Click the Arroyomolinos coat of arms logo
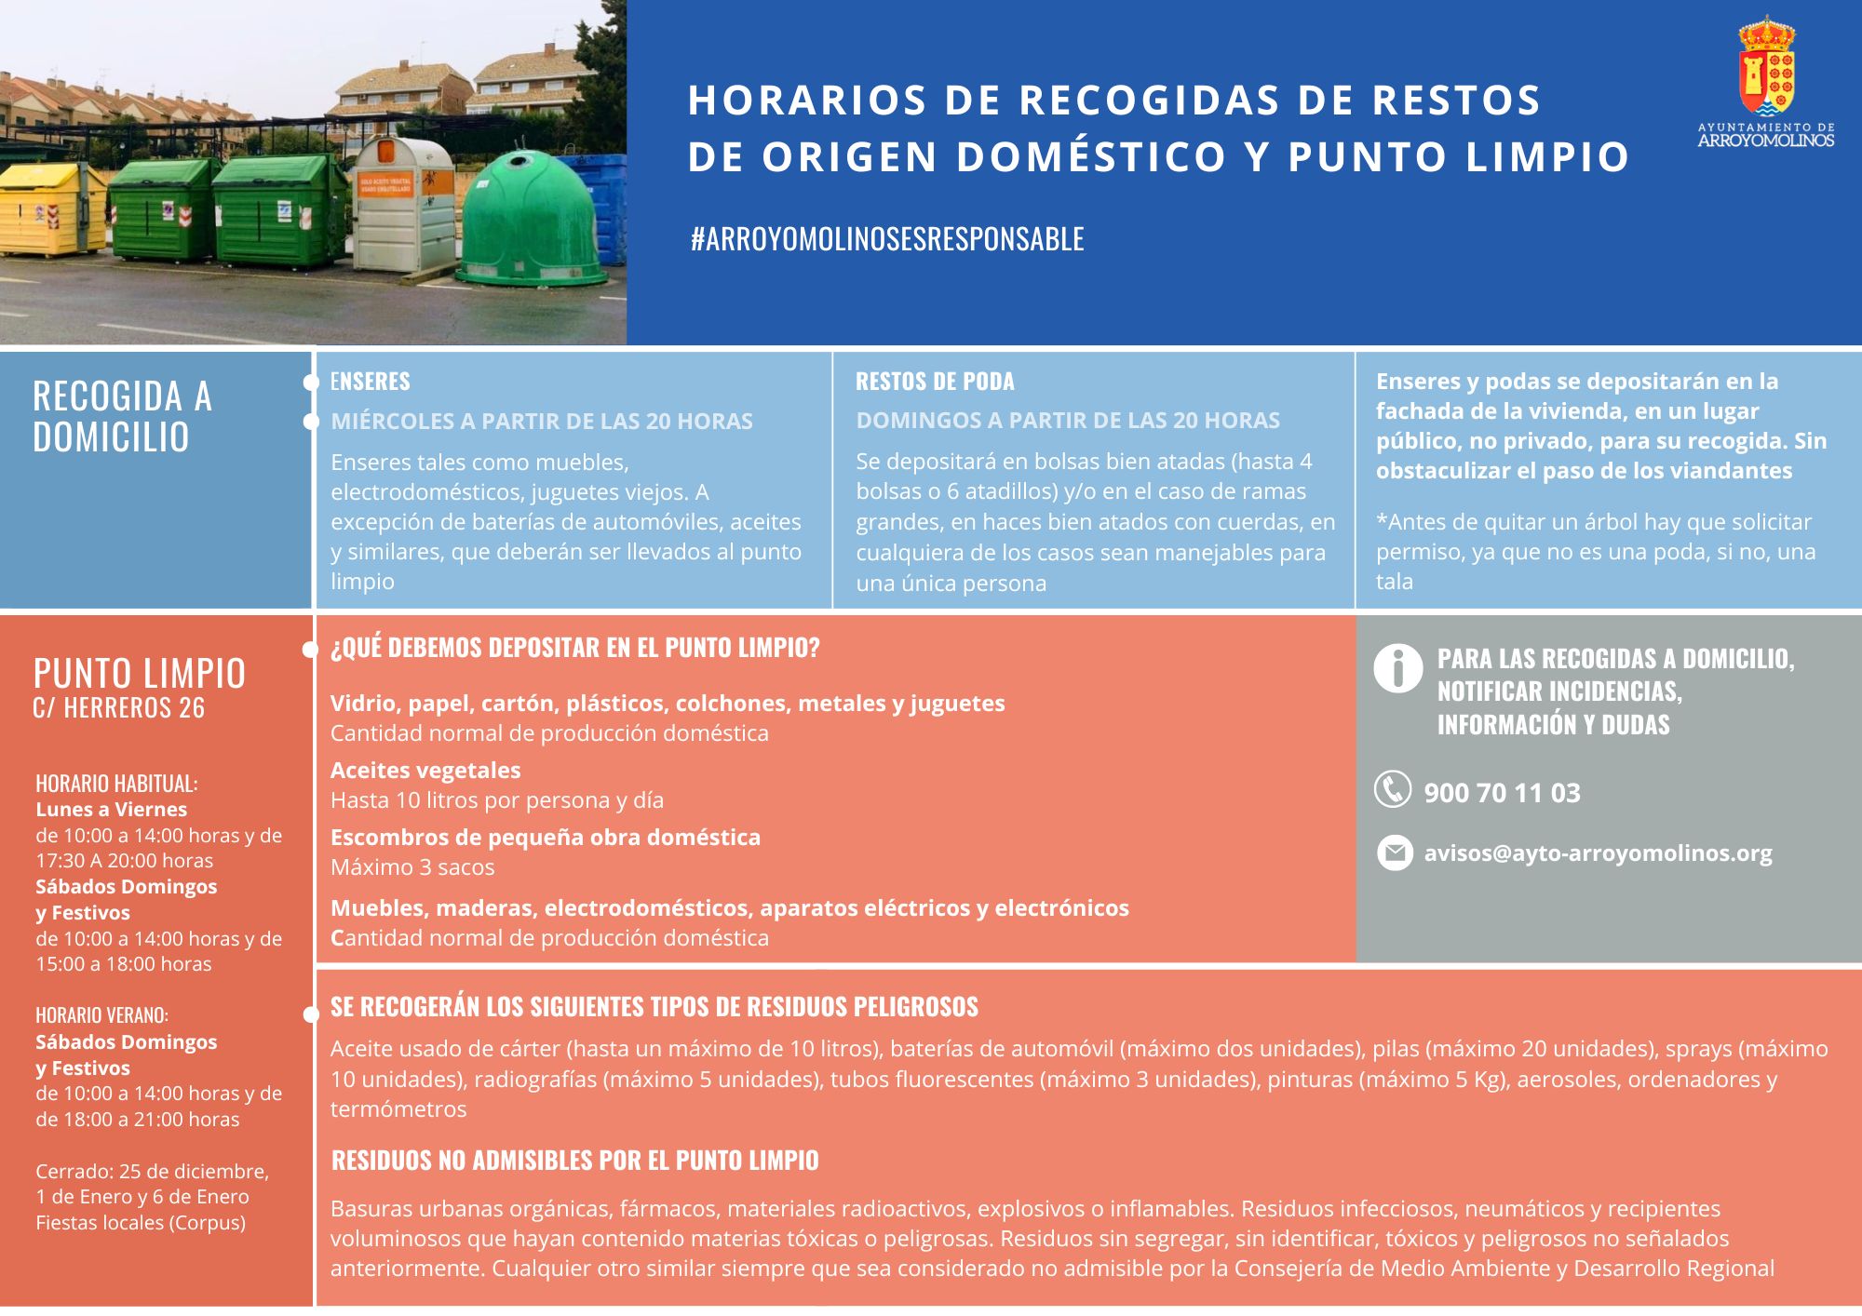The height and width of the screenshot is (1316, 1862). point(1766,67)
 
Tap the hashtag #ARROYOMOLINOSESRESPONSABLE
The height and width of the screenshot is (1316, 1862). point(887,239)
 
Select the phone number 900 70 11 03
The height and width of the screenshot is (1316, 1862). point(1502,793)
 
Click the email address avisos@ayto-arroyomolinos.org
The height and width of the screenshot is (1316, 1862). point(1598,853)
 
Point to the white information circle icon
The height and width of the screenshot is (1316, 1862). point(1397,668)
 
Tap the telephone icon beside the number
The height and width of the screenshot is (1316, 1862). point(1393,789)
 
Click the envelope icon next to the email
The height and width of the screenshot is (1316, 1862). point(1395,853)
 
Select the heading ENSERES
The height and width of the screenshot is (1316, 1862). point(371,382)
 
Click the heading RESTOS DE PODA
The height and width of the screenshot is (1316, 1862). point(935,382)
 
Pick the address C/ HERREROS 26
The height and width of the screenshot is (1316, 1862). point(118,708)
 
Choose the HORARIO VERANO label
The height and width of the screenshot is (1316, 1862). point(101,1015)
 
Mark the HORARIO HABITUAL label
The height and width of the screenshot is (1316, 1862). point(116,784)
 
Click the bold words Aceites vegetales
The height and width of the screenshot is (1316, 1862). point(425,771)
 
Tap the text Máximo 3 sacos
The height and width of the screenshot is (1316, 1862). point(412,867)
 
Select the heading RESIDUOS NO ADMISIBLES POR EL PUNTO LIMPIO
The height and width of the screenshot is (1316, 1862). point(574,1161)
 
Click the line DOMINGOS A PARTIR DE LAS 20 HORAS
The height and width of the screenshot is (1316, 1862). point(1068,421)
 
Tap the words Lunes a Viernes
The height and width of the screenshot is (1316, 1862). point(111,810)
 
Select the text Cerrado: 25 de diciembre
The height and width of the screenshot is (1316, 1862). point(152,1172)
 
